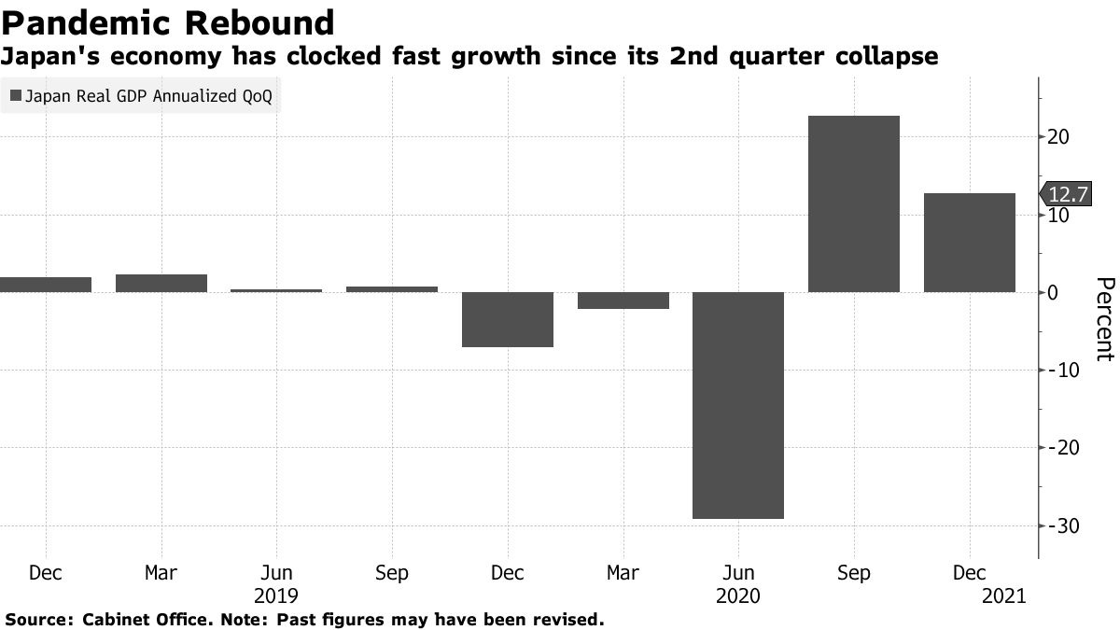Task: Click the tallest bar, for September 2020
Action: click(x=853, y=203)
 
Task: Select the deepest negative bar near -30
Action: click(x=737, y=405)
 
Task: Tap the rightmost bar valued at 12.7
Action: click(x=969, y=243)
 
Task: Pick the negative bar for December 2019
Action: click(x=507, y=319)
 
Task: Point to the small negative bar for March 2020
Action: click(x=623, y=301)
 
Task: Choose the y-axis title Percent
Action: click(x=1104, y=318)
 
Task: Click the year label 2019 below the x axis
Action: click(x=276, y=595)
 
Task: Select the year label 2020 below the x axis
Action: click(x=737, y=595)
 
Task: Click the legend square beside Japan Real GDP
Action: click(x=15, y=96)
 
